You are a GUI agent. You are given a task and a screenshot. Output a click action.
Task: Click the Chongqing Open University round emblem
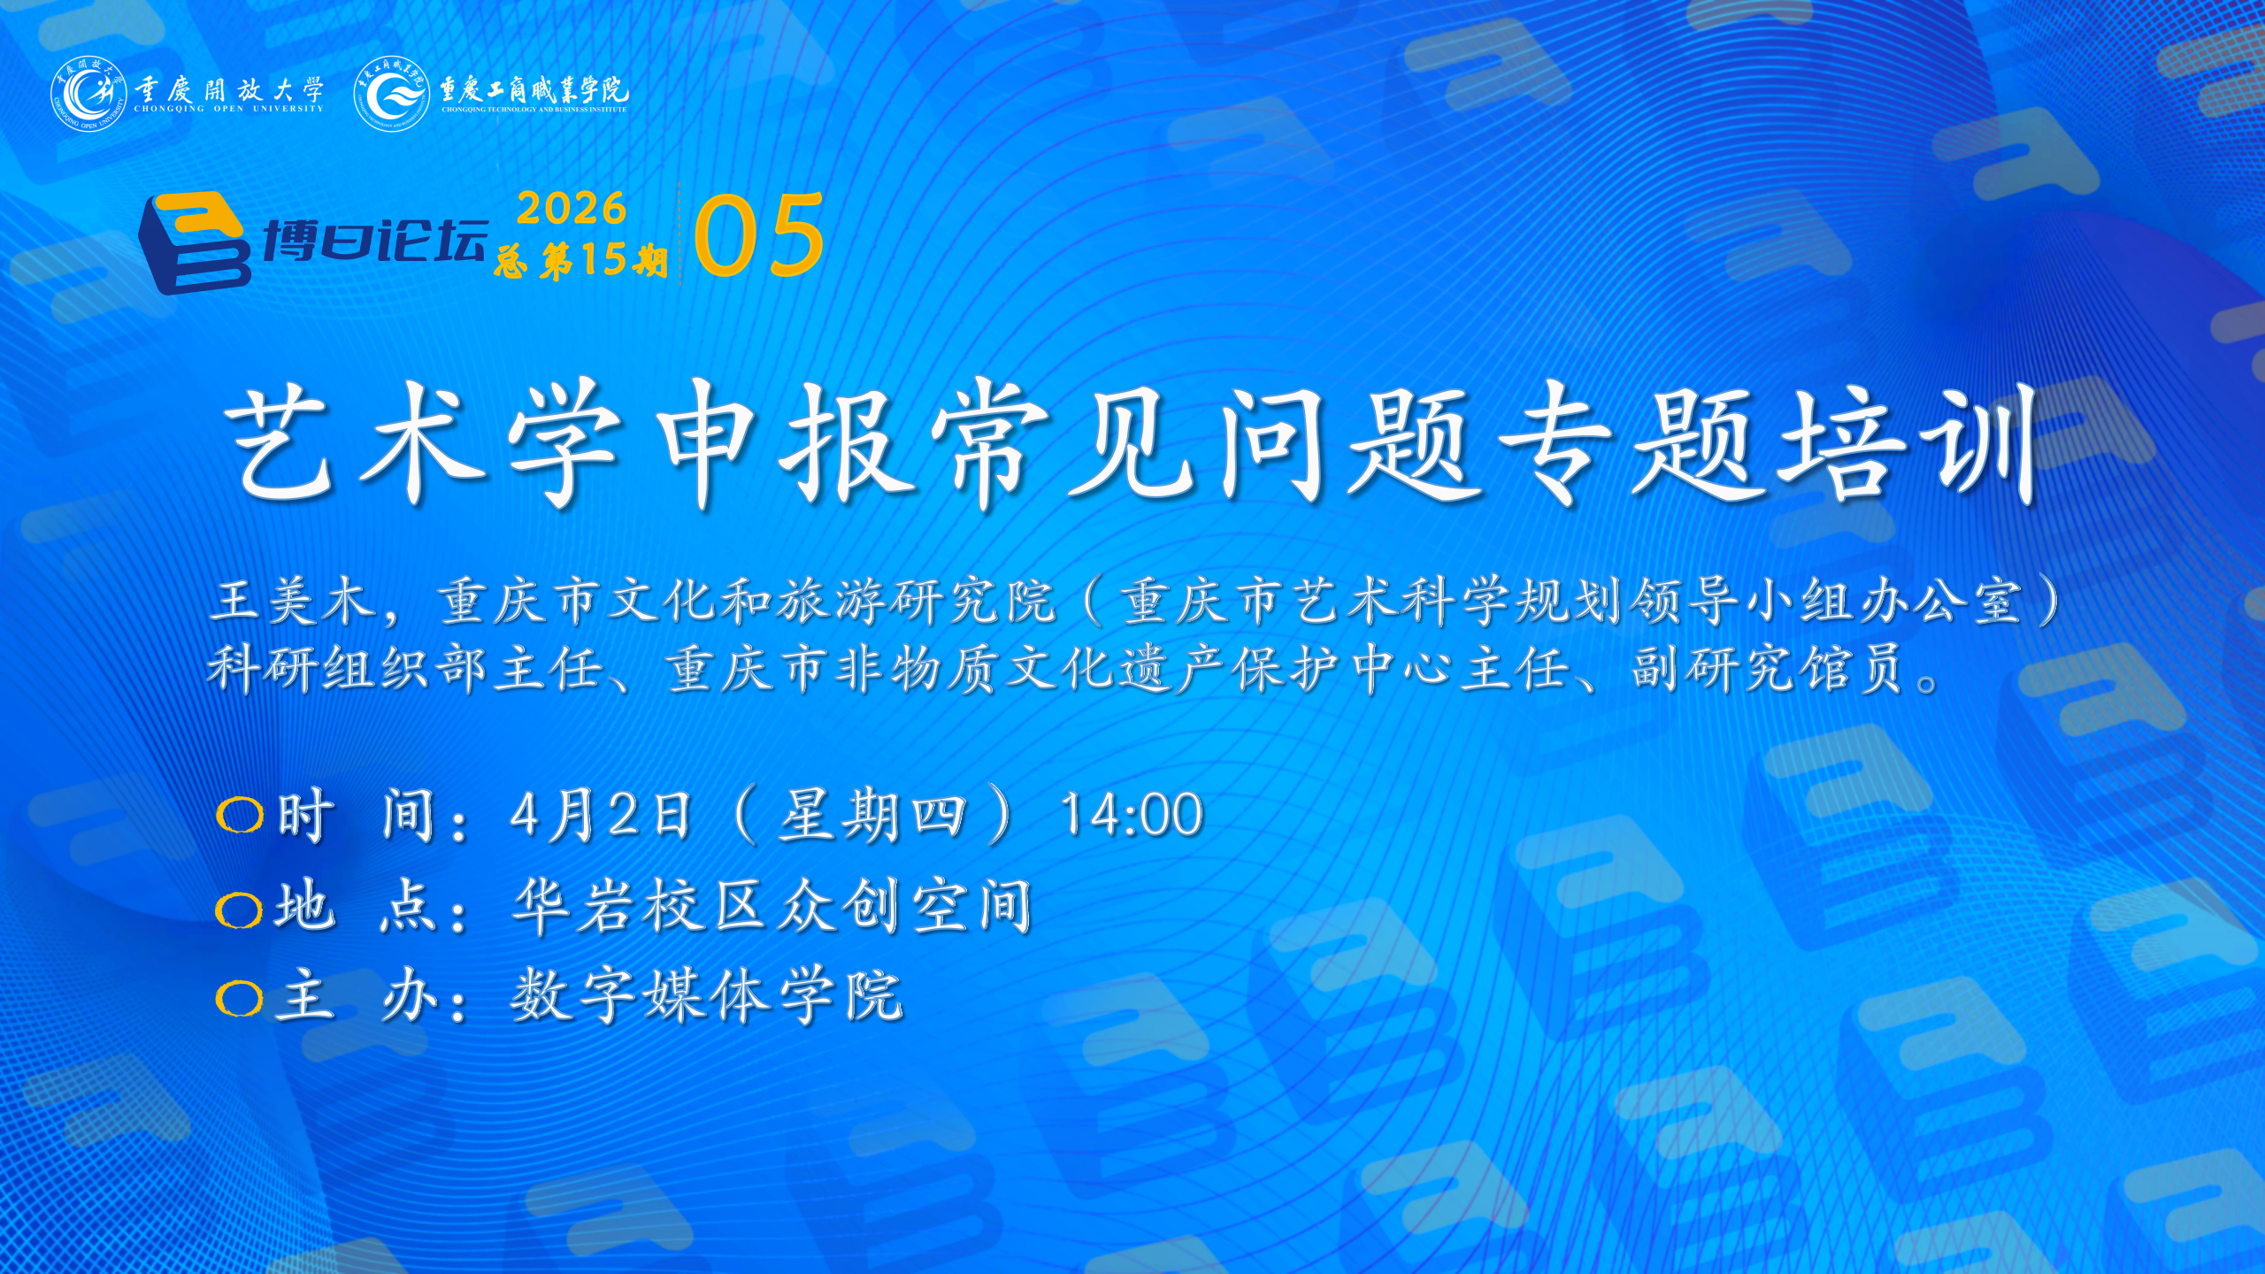coord(88,93)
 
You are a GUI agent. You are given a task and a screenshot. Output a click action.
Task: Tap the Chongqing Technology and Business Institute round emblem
coord(391,93)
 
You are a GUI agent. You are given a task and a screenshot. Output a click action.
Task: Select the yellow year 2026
coord(572,209)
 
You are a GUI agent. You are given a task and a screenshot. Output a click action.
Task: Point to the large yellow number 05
coord(759,235)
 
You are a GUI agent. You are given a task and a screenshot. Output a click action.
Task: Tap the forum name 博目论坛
coord(375,240)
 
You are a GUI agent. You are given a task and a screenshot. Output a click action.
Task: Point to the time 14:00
coord(1132,814)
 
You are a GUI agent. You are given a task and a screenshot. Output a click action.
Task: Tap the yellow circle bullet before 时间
coord(240,815)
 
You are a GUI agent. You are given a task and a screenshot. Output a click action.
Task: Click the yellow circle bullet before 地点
coord(239,909)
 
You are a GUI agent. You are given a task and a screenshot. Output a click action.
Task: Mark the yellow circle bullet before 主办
coord(239,999)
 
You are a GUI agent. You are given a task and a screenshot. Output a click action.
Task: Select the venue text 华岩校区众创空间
coord(772,907)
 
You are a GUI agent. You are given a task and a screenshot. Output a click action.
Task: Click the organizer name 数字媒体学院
coord(707,995)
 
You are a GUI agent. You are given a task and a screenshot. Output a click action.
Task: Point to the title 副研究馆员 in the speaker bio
coord(1768,668)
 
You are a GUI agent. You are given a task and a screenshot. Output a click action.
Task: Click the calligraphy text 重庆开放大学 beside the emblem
coord(229,89)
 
